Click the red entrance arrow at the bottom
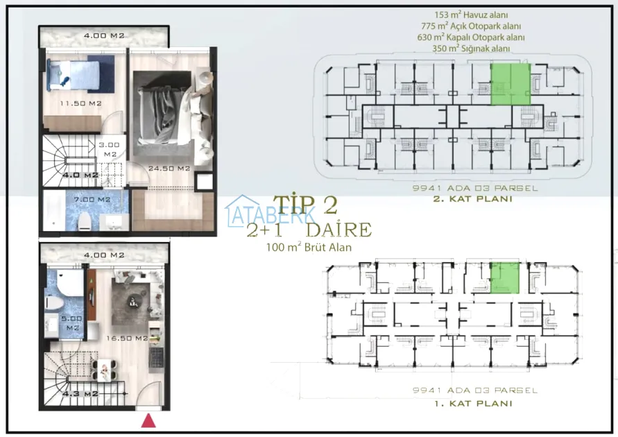tap(148, 421)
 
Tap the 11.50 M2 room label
tap(80, 103)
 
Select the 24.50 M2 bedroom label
tap(169, 169)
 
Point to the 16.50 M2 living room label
tap(127, 338)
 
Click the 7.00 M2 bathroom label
tap(92, 199)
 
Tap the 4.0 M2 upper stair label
tap(80, 175)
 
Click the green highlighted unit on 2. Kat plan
tap(510, 85)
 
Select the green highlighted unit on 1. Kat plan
tap(505, 277)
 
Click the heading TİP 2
tap(305, 205)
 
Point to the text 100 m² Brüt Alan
tap(309, 247)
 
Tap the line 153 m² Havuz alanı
tap(471, 15)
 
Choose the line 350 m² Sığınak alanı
tap(471, 49)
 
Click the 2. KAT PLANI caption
tap(473, 198)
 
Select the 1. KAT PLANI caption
tap(473, 404)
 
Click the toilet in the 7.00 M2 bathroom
tap(85, 221)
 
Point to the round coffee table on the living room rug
tap(132, 302)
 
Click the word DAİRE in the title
tap(338, 230)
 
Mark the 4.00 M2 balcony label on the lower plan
tap(104, 255)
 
